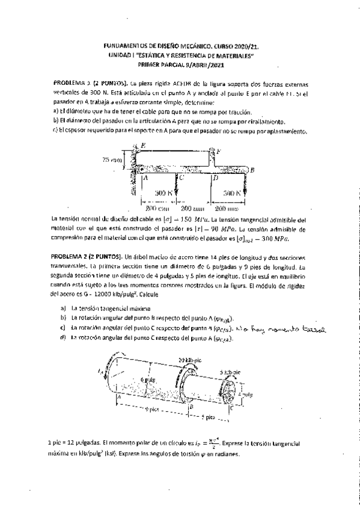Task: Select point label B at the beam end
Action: tap(252, 171)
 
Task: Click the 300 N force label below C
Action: tap(162, 192)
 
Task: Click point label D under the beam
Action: tap(216, 179)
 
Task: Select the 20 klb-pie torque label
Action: tap(189, 360)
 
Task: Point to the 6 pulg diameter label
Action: tap(148, 381)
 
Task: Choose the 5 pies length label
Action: tap(208, 416)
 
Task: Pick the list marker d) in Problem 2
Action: tap(63, 338)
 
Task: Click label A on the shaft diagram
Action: tap(119, 398)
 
